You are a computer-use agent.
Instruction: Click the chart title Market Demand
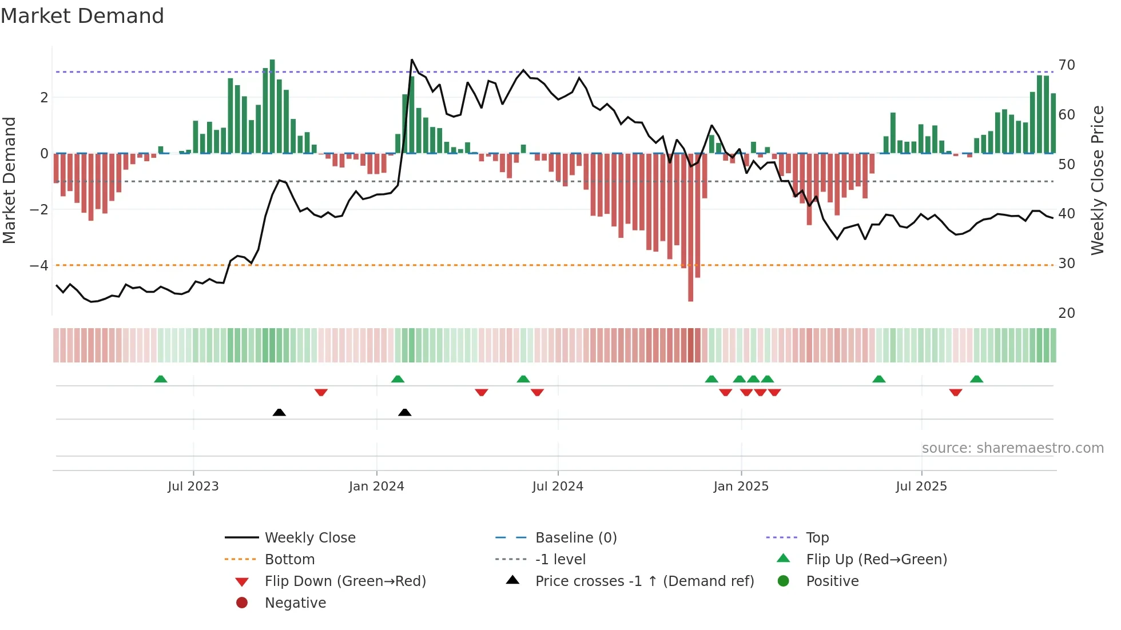coord(82,16)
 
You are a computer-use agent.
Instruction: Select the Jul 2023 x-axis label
coord(193,487)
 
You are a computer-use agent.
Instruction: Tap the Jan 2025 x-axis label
coord(741,487)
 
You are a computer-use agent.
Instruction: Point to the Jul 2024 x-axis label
coord(558,487)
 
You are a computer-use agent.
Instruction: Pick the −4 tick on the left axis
coord(39,266)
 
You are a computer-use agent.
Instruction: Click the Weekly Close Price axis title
coord(1097,180)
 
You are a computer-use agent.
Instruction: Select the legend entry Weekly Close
coord(309,538)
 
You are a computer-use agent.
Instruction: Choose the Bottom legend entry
coord(289,560)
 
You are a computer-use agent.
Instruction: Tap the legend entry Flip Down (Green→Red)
coord(345,581)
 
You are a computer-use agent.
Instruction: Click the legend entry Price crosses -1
coord(644,581)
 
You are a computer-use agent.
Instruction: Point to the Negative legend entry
coord(295,603)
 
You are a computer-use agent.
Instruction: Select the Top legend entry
coord(817,538)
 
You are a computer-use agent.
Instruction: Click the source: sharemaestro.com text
coord(1012,448)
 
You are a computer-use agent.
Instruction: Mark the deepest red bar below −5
coord(690,286)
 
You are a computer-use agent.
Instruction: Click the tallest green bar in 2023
coord(272,106)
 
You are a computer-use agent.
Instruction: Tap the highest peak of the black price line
coord(412,60)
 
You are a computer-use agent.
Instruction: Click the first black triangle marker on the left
coord(279,412)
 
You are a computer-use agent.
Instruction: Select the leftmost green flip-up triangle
coord(161,379)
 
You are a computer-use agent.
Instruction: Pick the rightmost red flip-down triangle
coord(955,392)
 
